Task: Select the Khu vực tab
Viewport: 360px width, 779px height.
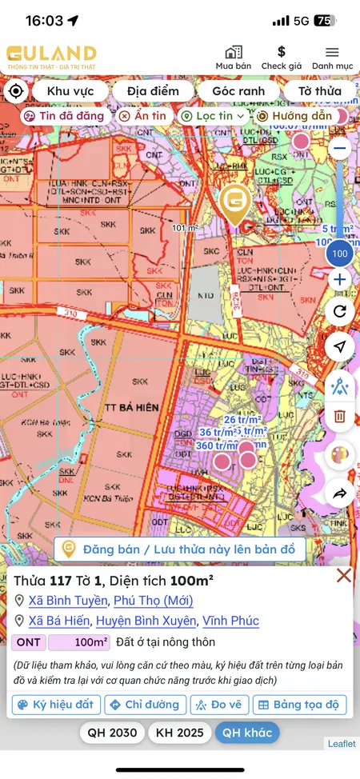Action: (70, 91)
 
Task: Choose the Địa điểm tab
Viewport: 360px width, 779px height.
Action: (154, 91)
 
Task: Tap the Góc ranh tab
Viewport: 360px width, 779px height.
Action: (238, 91)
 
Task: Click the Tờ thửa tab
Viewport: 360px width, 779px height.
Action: (319, 91)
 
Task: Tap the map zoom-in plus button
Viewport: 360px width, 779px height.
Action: (340, 280)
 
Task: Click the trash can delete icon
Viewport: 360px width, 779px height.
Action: (340, 416)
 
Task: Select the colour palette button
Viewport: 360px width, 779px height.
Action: (340, 455)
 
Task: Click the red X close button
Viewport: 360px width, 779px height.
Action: (344, 575)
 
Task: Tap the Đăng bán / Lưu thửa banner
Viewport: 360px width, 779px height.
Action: (180, 549)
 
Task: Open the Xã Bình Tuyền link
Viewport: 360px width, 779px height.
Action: (67, 601)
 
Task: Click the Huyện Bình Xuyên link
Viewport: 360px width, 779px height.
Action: (146, 621)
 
